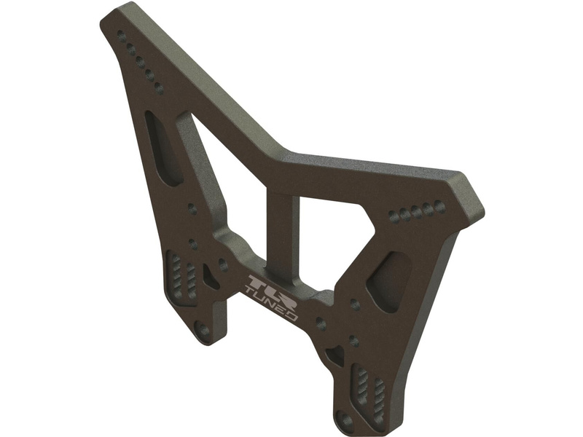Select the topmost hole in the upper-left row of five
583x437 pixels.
122,35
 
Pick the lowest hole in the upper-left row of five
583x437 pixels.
159,88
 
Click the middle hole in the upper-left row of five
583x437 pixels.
140,62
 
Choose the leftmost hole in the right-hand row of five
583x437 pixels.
394,215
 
